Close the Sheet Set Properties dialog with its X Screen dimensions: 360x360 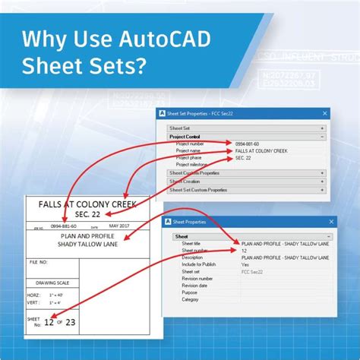(325, 114)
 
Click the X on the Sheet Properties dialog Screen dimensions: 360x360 (332, 223)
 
